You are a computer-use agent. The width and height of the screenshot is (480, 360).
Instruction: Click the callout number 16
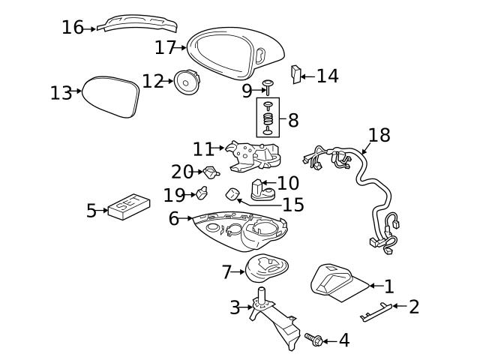(x=72, y=28)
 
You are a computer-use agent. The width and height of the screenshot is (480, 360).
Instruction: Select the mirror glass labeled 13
(x=110, y=97)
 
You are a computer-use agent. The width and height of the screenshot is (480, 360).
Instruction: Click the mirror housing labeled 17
(x=232, y=52)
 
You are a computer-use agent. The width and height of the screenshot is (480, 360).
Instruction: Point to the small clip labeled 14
(x=296, y=73)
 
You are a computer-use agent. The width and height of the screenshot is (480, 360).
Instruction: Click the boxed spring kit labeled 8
(x=268, y=118)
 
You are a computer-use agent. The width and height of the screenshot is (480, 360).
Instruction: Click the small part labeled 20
(x=211, y=172)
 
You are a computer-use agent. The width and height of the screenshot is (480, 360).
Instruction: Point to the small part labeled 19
(x=201, y=195)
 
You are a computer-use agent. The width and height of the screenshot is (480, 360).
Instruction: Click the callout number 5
(x=91, y=211)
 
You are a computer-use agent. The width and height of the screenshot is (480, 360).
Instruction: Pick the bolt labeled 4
(x=313, y=340)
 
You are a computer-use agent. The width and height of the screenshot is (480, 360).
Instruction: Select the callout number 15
(x=293, y=205)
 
